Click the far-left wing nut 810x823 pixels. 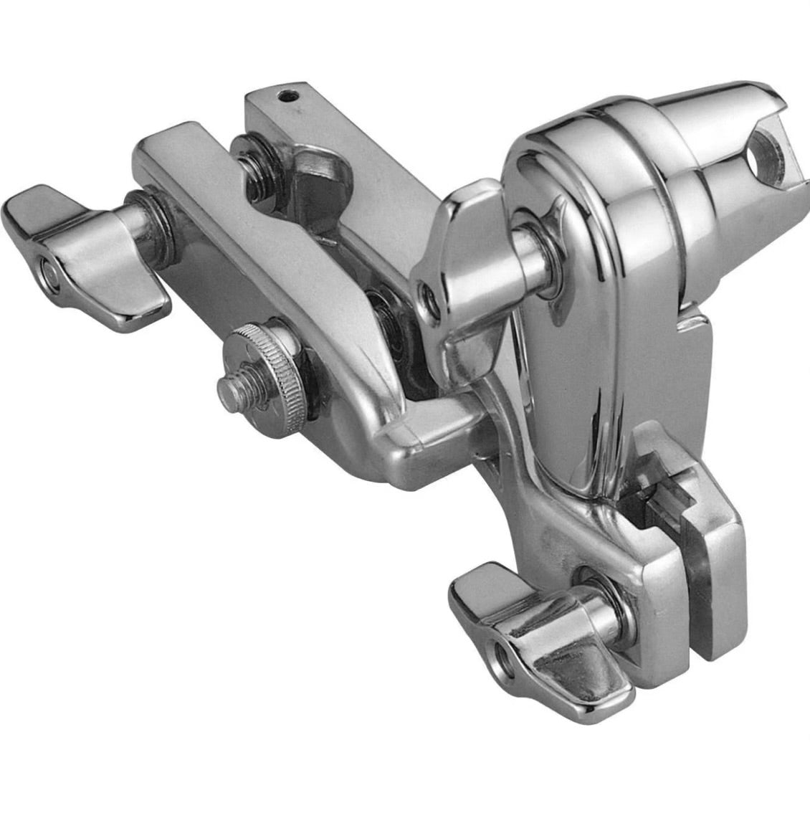pyautogui.click(x=86, y=247)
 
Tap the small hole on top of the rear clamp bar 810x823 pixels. pyautogui.click(x=287, y=94)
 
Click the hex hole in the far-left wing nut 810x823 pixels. pyautogui.click(x=48, y=272)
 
